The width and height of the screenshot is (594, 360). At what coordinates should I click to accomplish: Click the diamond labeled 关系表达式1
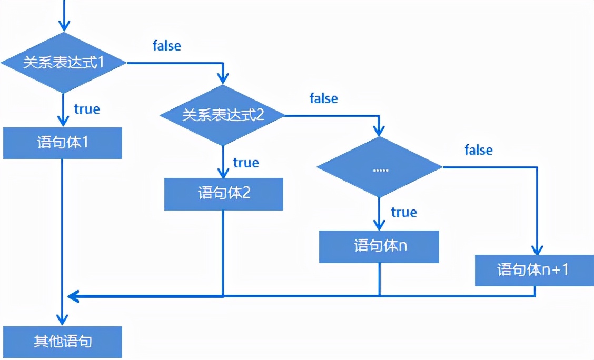click(63, 63)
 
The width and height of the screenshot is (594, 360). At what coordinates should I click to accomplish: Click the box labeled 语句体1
click(63, 143)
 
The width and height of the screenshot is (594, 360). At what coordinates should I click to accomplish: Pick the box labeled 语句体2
click(224, 194)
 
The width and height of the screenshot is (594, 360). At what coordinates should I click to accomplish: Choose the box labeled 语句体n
click(379, 246)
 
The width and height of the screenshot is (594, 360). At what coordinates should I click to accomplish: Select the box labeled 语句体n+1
click(534, 271)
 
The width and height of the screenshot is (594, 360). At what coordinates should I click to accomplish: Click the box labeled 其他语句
click(63, 342)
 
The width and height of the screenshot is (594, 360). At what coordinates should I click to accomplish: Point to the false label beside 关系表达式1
click(167, 46)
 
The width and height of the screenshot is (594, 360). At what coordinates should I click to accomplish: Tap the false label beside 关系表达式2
click(324, 98)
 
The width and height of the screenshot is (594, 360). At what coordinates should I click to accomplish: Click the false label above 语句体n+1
click(479, 150)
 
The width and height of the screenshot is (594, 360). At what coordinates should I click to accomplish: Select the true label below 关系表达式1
click(87, 109)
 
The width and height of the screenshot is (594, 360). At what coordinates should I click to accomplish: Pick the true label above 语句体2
click(246, 163)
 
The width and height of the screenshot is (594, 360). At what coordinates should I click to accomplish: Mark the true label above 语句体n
click(404, 212)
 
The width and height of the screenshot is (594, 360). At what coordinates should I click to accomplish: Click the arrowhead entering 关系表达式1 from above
click(63, 25)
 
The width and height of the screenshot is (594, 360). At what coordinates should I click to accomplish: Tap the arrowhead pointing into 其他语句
click(63, 320)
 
